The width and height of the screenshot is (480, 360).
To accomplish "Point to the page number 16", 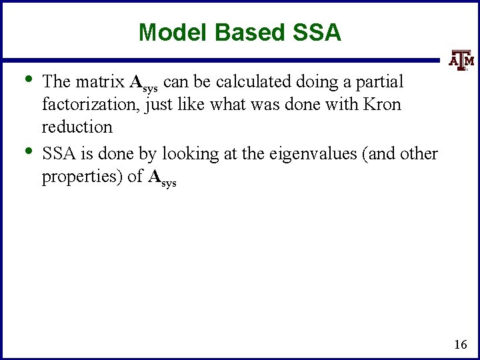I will [460, 344].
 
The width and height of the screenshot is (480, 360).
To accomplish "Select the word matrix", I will [99, 82].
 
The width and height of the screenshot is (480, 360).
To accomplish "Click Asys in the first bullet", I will [143, 83].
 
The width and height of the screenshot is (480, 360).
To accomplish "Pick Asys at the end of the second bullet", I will [162, 178].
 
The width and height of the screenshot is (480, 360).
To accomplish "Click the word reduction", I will [77, 127].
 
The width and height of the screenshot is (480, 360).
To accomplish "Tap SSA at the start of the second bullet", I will [57, 154].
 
